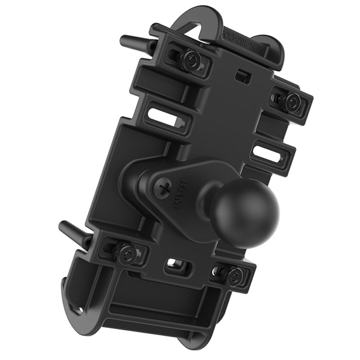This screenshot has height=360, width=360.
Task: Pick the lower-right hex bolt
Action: (x=234, y=274)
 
